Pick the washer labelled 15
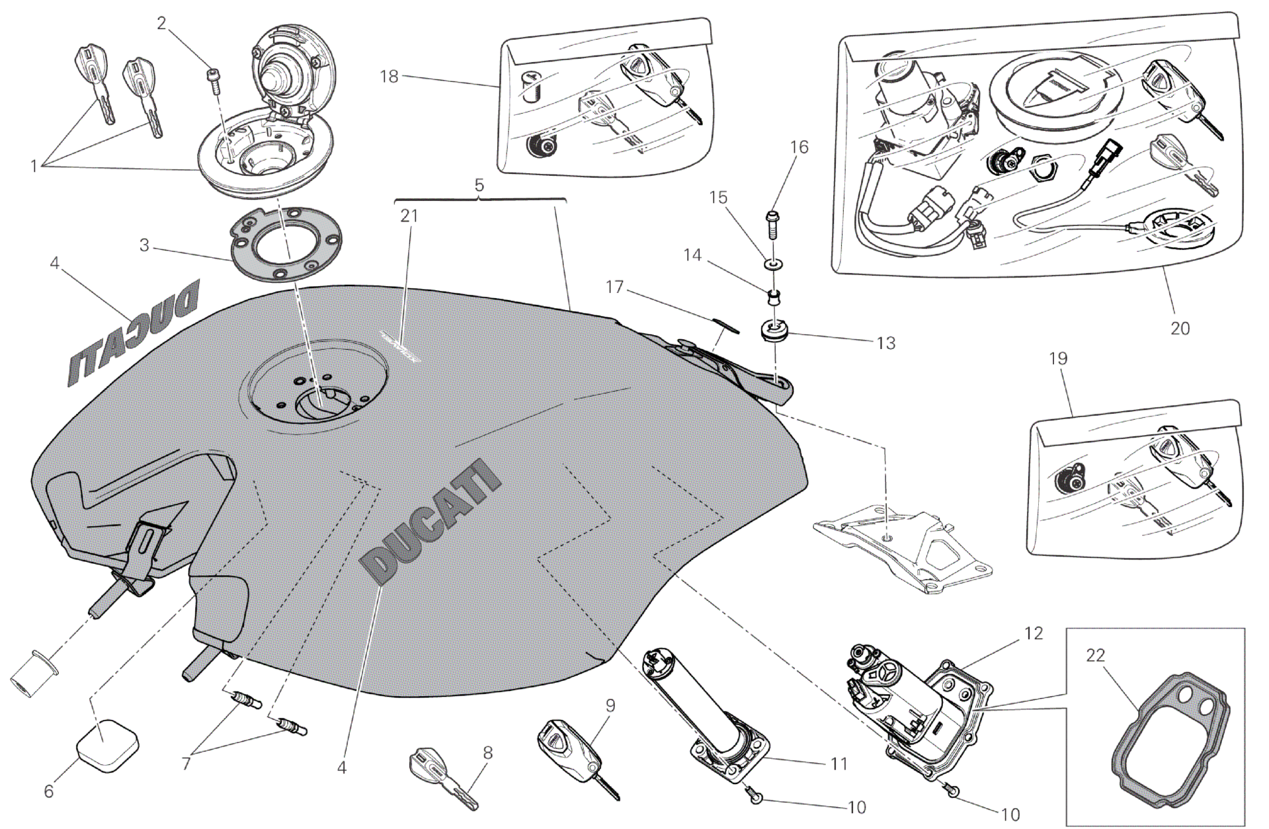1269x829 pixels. pyautogui.click(x=772, y=265)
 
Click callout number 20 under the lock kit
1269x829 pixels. pyautogui.click(x=1180, y=327)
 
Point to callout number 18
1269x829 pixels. pyautogui.click(x=389, y=77)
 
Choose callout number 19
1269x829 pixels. pyautogui.click(x=1058, y=358)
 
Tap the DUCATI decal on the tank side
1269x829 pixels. pyautogui.click(x=430, y=522)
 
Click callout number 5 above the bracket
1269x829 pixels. pyautogui.click(x=479, y=185)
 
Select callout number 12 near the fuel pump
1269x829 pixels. pyautogui.click(x=1034, y=633)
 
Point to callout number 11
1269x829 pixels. pyautogui.click(x=839, y=764)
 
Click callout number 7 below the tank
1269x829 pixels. pyautogui.click(x=186, y=764)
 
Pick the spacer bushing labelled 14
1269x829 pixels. pyautogui.click(x=771, y=294)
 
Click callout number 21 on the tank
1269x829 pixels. pyautogui.click(x=409, y=216)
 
